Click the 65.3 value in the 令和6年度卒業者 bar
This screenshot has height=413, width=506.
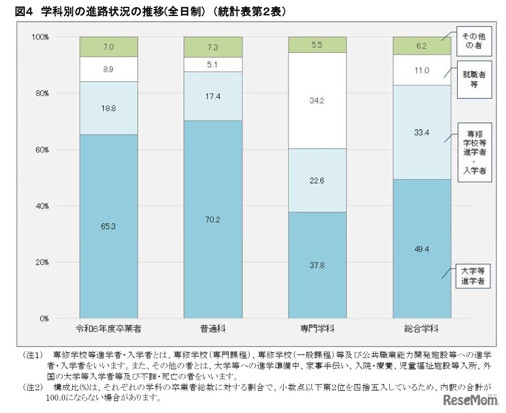[108, 226]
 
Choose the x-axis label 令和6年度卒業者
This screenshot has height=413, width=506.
[108, 329]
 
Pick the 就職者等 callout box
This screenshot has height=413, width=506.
[473, 78]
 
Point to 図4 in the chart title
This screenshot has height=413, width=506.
[16, 11]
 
